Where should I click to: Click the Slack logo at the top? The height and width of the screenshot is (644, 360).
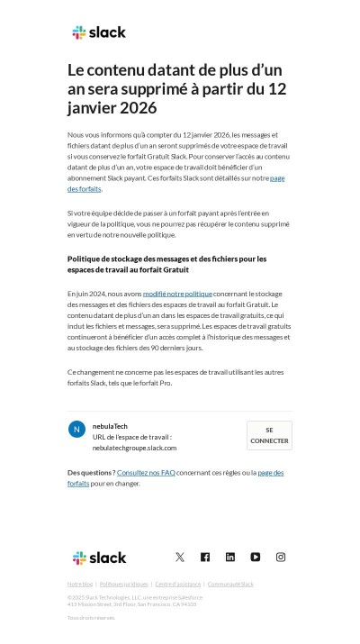click(x=99, y=32)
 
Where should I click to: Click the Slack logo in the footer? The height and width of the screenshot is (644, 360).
click(x=99, y=558)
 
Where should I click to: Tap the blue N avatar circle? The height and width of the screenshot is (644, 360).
click(x=76, y=429)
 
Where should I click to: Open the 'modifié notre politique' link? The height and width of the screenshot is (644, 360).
click(x=177, y=294)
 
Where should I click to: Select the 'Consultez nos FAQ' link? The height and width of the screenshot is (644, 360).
click(x=145, y=472)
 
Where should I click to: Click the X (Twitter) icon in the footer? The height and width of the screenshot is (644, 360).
click(x=180, y=558)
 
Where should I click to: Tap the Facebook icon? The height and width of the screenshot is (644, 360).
click(x=205, y=558)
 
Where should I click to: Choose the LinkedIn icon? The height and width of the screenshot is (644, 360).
click(x=230, y=558)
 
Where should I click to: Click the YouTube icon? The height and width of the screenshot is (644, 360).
click(x=256, y=558)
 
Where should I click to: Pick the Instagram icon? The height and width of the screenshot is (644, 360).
click(x=281, y=558)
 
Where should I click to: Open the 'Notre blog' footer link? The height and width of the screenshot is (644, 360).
click(x=80, y=584)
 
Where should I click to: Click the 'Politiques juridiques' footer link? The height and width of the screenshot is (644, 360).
click(x=123, y=584)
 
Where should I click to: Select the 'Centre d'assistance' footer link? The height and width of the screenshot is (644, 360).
click(x=178, y=584)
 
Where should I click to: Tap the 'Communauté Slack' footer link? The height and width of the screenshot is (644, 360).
click(x=230, y=584)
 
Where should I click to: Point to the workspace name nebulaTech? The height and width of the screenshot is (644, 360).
click(x=110, y=425)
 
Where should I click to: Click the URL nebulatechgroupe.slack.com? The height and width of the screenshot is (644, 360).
click(x=134, y=448)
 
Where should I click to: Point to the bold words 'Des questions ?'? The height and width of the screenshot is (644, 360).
click(x=91, y=472)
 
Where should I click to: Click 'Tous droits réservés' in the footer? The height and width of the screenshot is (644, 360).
click(x=91, y=618)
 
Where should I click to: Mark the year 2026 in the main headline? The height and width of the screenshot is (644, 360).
click(x=134, y=108)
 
